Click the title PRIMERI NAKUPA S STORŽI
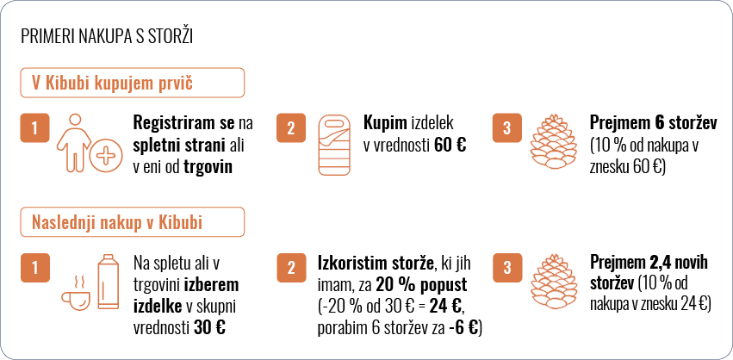107,37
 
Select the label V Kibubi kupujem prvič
113,83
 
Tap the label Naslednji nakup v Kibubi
117,222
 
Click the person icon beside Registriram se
74,143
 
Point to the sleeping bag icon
334,145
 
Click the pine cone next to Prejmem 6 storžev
554,143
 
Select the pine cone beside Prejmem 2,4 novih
554,283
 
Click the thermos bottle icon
108,282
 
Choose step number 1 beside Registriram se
34,127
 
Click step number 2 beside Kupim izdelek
291,127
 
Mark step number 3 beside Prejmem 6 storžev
507,127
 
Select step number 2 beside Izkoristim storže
291,268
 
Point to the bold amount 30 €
209,327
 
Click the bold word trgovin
208,167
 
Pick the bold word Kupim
385,124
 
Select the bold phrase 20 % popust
423,285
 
